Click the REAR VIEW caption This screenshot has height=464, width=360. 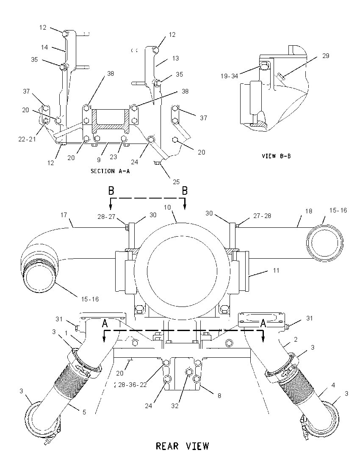point(183,446)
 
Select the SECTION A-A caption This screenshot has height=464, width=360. point(110,171)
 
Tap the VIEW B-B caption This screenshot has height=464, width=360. point(276,156)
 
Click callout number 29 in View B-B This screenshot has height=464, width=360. point(326,56)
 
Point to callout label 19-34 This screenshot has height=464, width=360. point(229,76)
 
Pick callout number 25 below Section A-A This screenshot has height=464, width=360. point(177,182)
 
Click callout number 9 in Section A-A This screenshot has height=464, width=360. point(99,160)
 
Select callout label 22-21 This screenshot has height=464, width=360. point(27,139)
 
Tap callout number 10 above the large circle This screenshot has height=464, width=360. point(168,207)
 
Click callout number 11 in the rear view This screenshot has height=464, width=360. point(276,270)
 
